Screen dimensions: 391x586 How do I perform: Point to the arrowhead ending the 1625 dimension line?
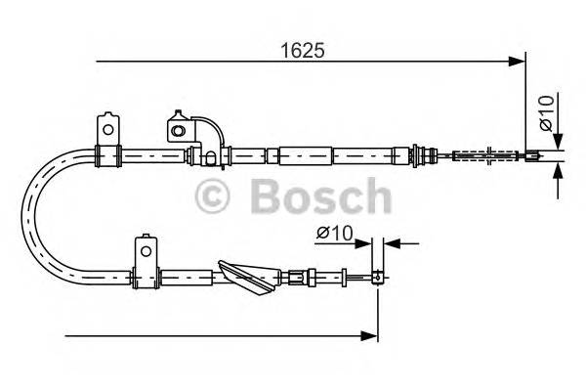pyautogui.click(x=519, y=63)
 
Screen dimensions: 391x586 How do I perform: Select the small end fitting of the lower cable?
pyautogui.click(x=376, y=277)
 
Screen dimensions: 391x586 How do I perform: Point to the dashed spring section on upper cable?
pyautogui.click(x=479, y=153)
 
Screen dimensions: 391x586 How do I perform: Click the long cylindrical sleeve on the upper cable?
pyautogui.click(x=307, y=153)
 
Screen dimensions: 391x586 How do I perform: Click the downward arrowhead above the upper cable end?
pyautogui.click(x=556, y=141)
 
